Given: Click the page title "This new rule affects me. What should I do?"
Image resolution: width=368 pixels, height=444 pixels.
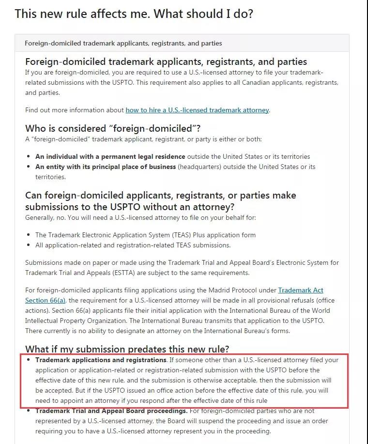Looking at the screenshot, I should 134,13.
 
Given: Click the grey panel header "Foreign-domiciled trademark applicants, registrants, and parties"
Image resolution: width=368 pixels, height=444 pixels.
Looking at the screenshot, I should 123,43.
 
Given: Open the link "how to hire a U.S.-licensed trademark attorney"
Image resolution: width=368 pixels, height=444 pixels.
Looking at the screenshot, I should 197,110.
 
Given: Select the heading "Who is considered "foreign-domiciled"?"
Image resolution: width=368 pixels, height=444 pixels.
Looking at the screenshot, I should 113,128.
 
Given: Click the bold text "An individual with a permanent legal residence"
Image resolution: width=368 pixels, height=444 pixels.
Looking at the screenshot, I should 110,156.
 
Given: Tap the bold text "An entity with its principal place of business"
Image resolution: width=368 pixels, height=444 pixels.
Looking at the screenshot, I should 106,167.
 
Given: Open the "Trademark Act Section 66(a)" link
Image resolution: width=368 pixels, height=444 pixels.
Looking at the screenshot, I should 300,291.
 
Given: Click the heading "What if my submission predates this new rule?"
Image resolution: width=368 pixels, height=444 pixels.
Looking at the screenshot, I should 127,349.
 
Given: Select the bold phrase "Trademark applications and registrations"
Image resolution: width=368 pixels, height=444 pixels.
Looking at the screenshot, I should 101,360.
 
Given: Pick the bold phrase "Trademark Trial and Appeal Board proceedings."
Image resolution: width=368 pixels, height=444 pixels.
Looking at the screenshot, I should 111,411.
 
